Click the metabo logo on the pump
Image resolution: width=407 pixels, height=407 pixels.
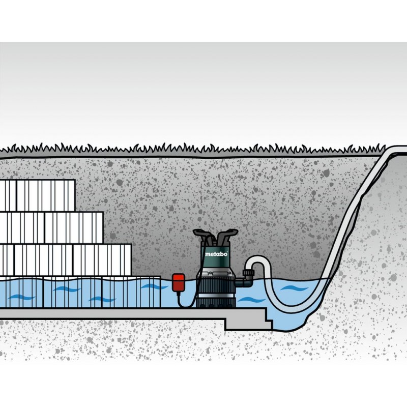[216, 254]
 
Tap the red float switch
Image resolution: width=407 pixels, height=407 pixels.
[179, 283]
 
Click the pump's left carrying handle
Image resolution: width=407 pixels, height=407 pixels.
[202, 235]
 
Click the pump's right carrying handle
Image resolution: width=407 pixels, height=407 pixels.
[227, 235]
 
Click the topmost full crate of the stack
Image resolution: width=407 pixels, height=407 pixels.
[46, 195]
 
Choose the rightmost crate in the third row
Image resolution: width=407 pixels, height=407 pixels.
[102, 260]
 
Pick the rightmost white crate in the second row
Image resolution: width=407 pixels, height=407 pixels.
[74, 227]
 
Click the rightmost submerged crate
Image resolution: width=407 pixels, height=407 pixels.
[132, 292]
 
